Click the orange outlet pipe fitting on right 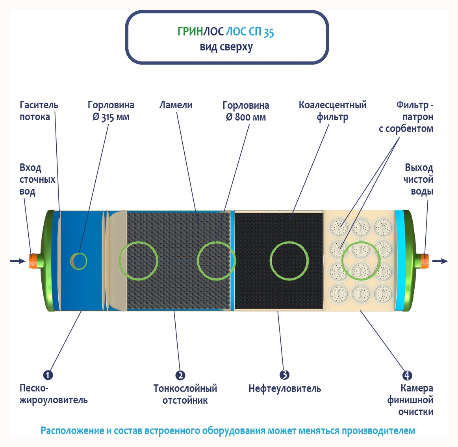click(424, 261)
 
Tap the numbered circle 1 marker click(48, 375)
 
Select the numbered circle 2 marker click(180, 375)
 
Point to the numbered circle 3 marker click(284, 375)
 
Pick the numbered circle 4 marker click(407, 375)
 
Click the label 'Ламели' click(176, 105)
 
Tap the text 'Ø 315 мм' click(111, 117)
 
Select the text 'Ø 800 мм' click(246, 117)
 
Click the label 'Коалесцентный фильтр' click(332, 111)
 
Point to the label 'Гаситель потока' click(39, 111)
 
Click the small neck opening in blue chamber click(79, 261)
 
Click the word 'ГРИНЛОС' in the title click(190, 32)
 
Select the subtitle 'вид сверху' click(226, 47)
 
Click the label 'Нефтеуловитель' click(284, 389)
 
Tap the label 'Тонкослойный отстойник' click(185, 394)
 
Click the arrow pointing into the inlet click(17, 261)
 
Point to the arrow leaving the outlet click(440, 261)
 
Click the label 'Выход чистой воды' click(418, 180)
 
